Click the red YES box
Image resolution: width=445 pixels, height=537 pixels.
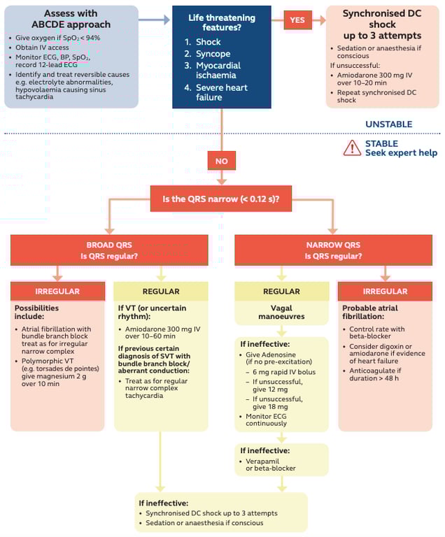tap(297, 20)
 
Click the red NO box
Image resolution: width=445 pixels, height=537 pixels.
tap(221, 160)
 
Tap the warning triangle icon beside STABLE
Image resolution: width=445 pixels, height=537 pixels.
tap(352, 148)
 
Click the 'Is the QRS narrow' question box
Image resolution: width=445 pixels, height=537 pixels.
tap(221, 199)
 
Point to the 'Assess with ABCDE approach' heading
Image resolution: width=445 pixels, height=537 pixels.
tap(71, 19)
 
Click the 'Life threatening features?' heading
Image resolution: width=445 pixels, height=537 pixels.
tap(221, 22)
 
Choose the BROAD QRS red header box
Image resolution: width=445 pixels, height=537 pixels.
tap(109, 250)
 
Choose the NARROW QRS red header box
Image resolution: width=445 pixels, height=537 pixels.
tap(333, 250)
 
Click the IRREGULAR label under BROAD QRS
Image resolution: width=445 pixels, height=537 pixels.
tap(57, 292)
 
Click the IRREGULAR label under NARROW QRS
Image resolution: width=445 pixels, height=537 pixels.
tap(385, 292)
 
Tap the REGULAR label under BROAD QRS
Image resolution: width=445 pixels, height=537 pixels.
tap(161, 292)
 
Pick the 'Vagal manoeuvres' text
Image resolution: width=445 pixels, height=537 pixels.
tap(281, 313)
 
